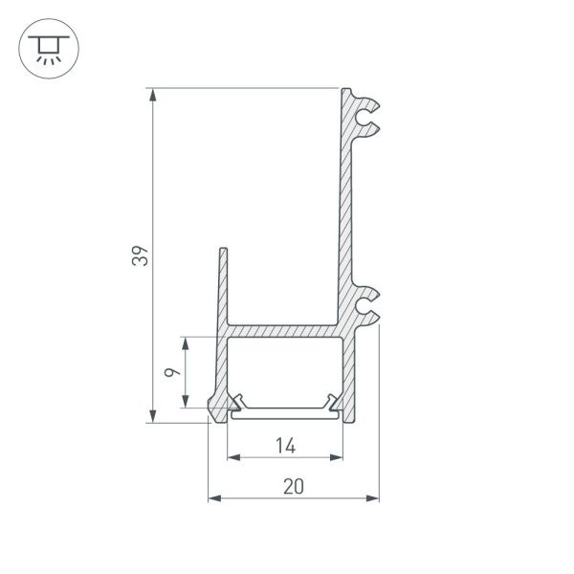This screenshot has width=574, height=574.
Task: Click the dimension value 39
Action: pyautogui.click(x=140, y=256)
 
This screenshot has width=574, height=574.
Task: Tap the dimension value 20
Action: pyautogui.click(x=294, y=486)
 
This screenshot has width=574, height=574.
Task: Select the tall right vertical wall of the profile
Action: pyautogui.click(x=347, y=210)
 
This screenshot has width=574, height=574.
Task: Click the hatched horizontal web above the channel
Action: pyautogui.click(x=287, y=328)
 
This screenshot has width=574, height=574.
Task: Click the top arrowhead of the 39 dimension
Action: pyautogui.click(x=153, y=94)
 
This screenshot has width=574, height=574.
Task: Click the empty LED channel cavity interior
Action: pyautogui.click(x=285, y=368)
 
